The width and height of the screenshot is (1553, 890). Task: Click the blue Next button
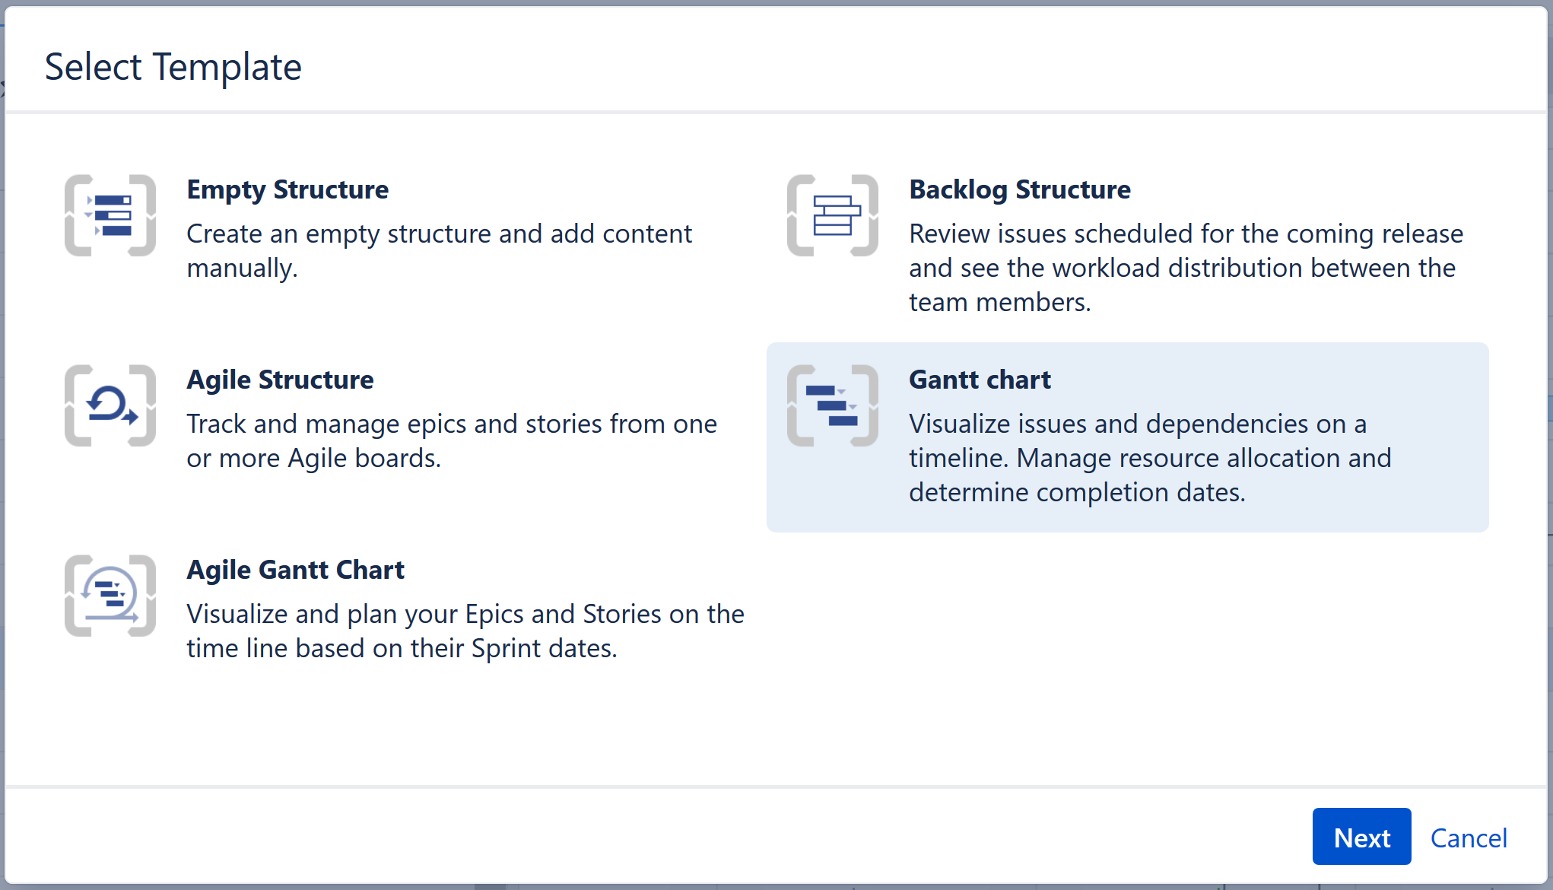[x=1361, y=837]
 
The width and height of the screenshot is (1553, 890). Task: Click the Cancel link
[x=1469, y=838]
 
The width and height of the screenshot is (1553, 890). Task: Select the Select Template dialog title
[x=173, y=67]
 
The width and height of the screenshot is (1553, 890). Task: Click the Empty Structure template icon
[x=110, y=215]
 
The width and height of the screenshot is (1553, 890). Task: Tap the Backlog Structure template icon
[x=833, y=215]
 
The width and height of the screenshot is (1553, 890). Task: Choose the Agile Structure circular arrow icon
[x=110, y=405]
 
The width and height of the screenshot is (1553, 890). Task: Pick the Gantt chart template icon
[x=833, y=405]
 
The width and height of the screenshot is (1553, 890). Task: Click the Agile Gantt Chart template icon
[x=110, y=596]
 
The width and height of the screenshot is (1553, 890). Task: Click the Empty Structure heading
[x=287, y=189]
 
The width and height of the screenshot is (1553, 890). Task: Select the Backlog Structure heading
[x=1020, y=189]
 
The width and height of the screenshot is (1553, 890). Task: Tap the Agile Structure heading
[x=280, y=380]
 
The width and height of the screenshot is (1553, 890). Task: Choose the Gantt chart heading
[x=980, y=380]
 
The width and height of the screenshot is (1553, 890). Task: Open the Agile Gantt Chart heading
[x=295, y=570]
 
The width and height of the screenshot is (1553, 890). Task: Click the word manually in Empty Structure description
[x=241, y=269]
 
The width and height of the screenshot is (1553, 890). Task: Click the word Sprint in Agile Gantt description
[x=507, y=649]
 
